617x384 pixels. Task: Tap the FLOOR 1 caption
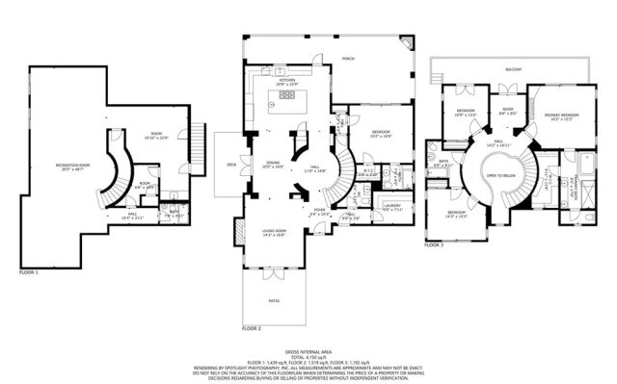point(30,272)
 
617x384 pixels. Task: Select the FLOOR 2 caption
point(253,328)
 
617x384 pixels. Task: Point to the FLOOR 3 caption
point(435,245)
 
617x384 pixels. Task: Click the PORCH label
point(349,59)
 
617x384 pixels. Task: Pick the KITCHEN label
point(287,82)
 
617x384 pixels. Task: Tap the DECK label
point(230,165)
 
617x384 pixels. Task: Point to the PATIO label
point(274,302)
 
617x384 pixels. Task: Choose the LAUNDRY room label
point(391,205)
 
